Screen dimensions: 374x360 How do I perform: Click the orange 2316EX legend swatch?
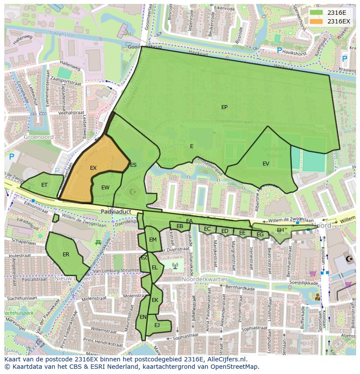click(317, 21)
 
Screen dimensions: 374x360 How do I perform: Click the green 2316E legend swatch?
click(317, 13)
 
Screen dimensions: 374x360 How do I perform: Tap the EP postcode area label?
click(224, 107)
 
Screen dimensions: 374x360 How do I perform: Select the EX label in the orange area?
click(93, 168)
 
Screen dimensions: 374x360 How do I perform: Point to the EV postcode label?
click(266, 164)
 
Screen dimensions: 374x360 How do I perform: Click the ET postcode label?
click(44, 185)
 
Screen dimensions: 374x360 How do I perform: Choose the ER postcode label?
click(66, 255)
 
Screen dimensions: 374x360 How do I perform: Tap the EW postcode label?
click(105, 188)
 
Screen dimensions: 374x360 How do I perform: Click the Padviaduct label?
click(116, 212)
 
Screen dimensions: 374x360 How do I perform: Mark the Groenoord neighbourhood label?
click(39, 137)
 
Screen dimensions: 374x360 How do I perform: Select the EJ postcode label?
click(157, 325)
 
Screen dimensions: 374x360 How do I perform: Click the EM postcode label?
click(153, 240)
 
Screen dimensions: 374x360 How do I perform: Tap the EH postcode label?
click(280, 230)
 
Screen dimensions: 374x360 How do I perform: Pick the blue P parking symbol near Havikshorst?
click(279, 51)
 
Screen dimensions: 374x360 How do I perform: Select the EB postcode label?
click(180, 226)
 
